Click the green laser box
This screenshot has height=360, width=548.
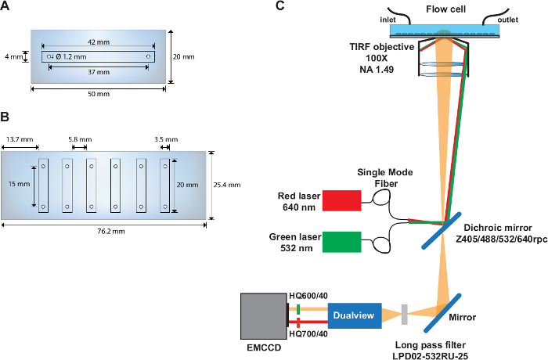339,242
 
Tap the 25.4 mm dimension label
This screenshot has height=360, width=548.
227,185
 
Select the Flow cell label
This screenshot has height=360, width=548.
446,9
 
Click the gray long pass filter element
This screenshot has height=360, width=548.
404,315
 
